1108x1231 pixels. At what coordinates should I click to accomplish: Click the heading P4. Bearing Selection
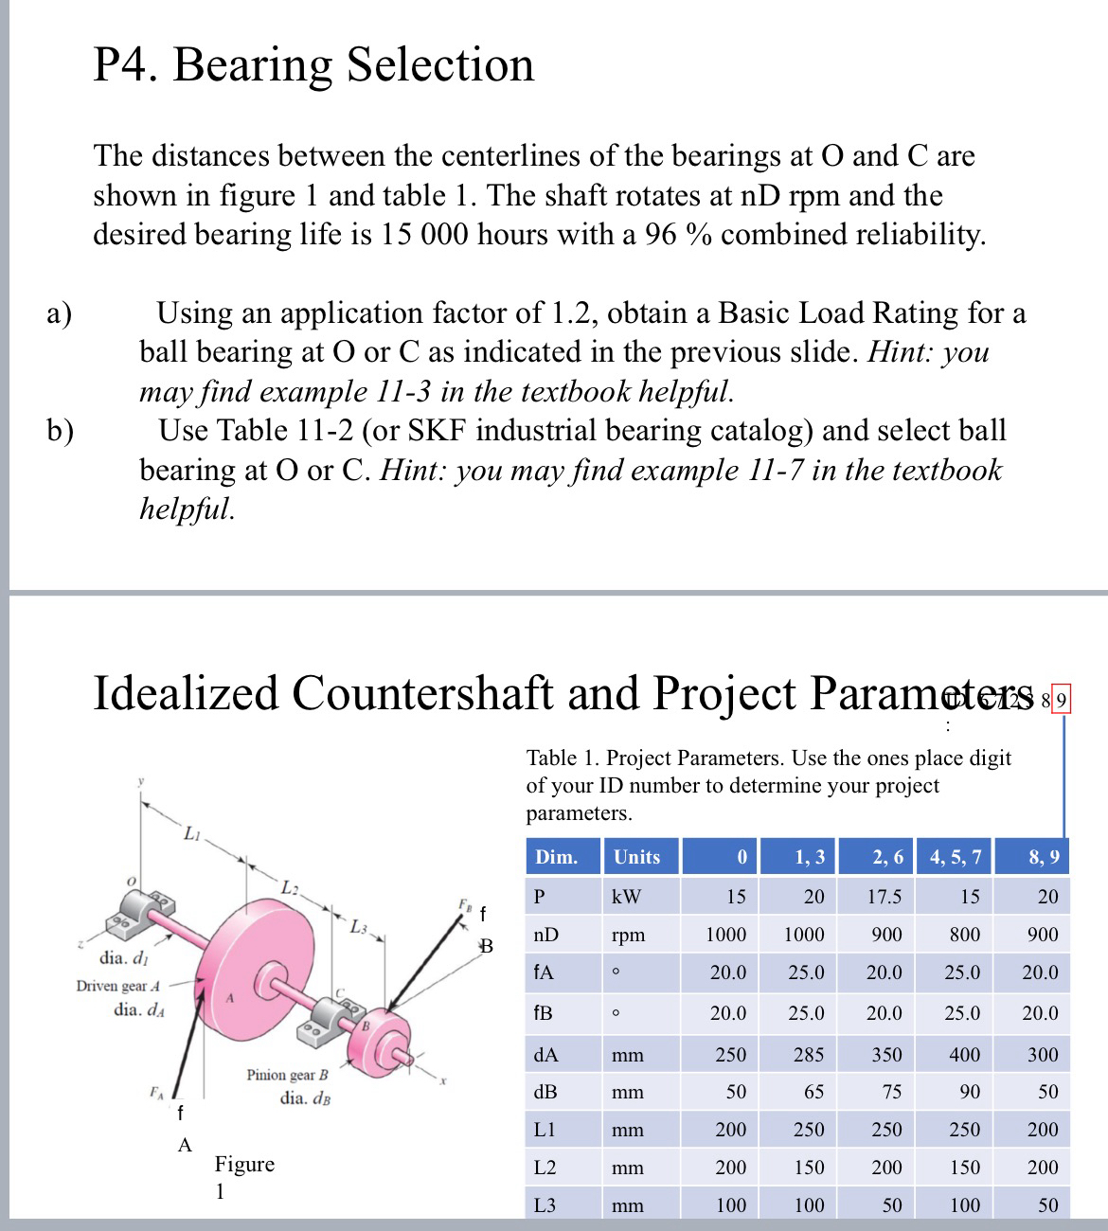pyautogui.click(x=313, y=65)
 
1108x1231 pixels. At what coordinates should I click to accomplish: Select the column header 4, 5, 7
pyautogui.click(x=956, y=857)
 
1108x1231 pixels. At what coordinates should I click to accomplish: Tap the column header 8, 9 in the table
pyautogui.click(x=1044, y=857)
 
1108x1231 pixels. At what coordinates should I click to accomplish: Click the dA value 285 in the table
pyautogui.click(x=808, y=1054)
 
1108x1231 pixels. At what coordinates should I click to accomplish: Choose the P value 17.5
pyautogui.click(x=885, y=896)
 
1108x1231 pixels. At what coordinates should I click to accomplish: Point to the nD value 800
pyautogui.click(x=964, y=935)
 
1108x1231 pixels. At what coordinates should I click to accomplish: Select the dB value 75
pyautogui.click(x=891, y=1092)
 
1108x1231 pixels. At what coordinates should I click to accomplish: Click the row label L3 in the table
pyautogui.click(x=545, y=1205)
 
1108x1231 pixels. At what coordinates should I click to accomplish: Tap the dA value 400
pyautogui.click(x=964, y=1054)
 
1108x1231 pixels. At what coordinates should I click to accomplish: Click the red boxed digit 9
pyautogui.click(x=1061, y=702)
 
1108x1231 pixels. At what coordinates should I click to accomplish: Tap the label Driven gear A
pyautogui.click(x=118, y=986)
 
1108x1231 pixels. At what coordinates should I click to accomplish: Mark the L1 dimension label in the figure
pyautogui.click(x=191, y=834)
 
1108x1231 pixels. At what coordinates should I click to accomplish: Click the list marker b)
pyautogui.click(x=61, y=431)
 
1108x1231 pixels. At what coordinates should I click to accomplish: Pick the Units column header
pyautogui.click(x=636, y=857)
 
